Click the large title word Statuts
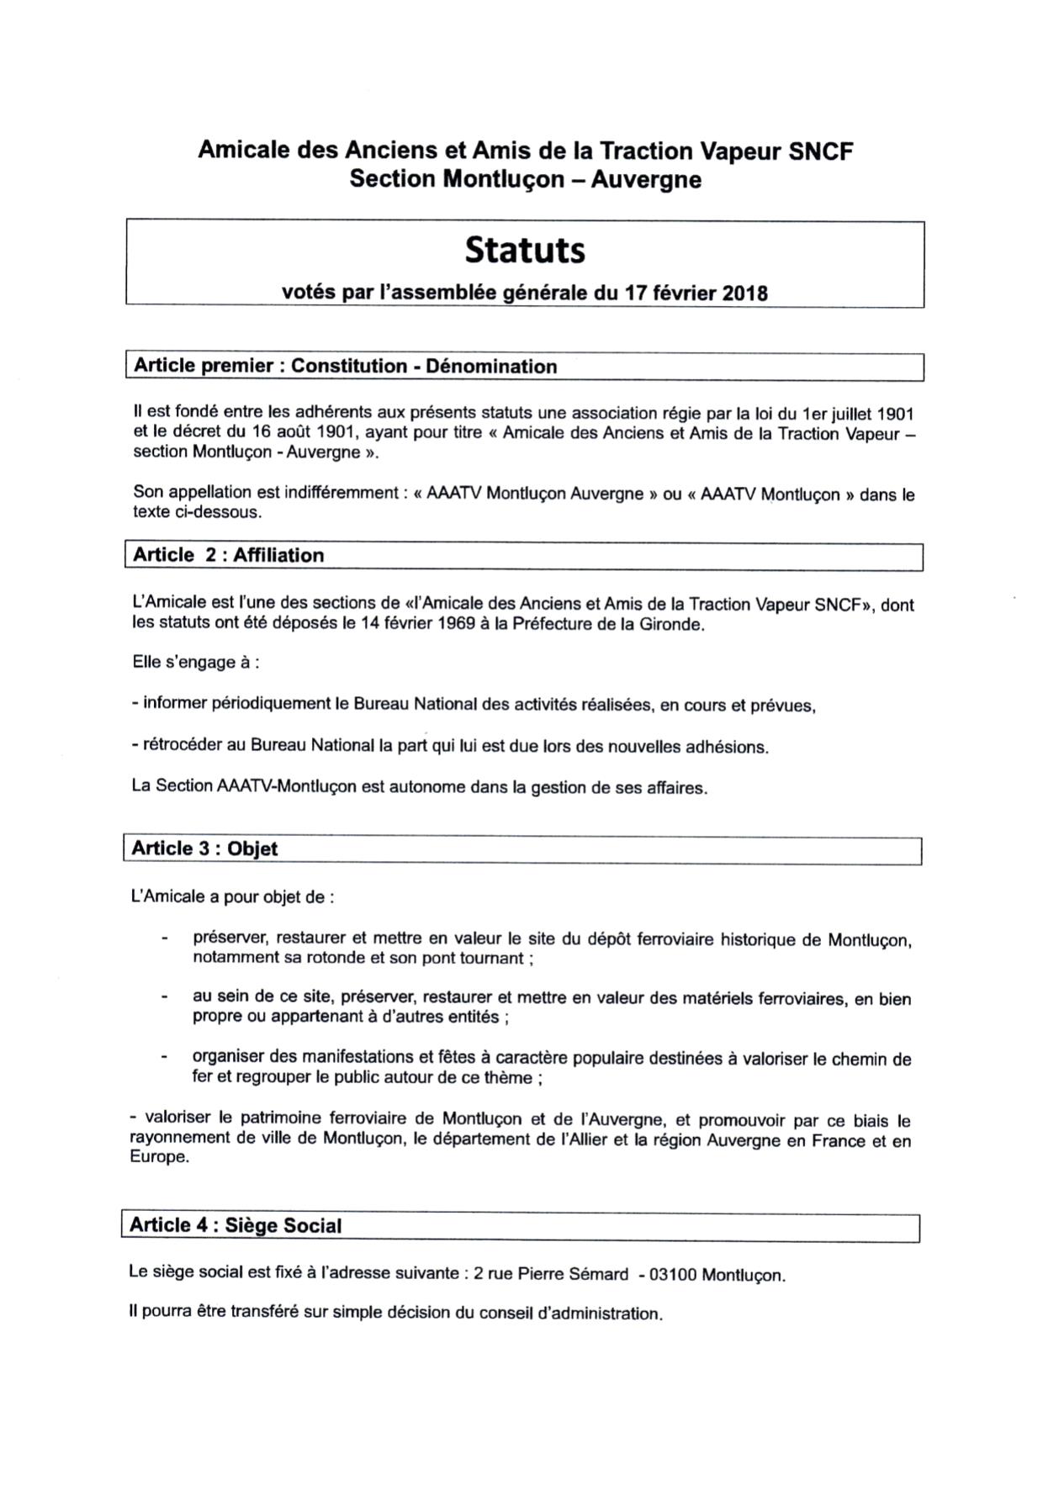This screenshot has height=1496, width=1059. (x=525, y=250)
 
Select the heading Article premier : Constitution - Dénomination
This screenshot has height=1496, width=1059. (x=345, y=367)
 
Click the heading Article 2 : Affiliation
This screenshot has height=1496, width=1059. (x=228, y=556)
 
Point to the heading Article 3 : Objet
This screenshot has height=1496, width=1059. (x=204, y=848)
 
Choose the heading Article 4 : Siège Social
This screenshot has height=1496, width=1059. (x=236, y=1225)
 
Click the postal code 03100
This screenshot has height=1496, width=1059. (x=672, y=1275)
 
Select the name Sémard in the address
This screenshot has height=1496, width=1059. (x=599, y=1274)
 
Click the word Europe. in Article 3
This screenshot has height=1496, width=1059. (x=159, y=1157)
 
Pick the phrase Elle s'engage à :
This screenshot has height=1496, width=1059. (x=195, y=663)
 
